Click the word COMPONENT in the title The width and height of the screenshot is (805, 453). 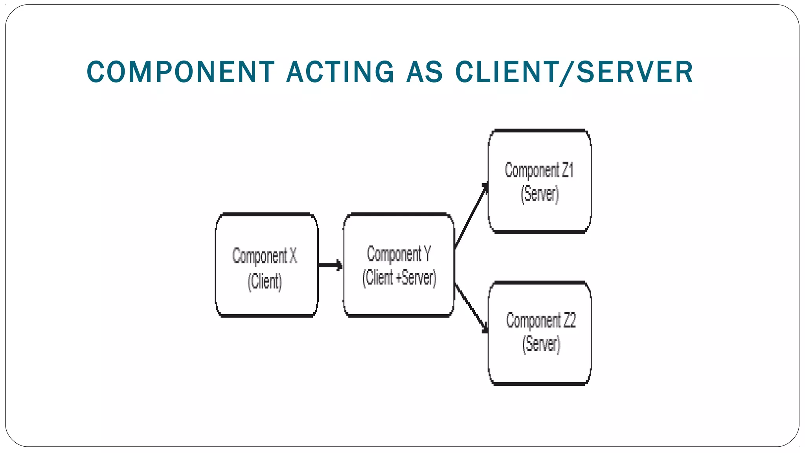click(180, 72)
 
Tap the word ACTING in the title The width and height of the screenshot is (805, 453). click(340, 72)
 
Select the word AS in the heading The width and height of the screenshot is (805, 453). click(425, 72)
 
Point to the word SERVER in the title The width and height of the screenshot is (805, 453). click(635, 72)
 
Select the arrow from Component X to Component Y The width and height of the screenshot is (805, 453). click(329, 265)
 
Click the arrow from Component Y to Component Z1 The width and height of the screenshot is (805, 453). click(471, 217)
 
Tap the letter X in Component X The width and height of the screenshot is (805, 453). click(293, 256)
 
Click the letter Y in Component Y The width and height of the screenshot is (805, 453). click(427, 254)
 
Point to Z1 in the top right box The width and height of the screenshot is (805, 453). click(568, 171)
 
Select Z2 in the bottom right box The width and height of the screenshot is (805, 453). click(570, 320)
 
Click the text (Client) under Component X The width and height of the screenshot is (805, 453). click(265, 282)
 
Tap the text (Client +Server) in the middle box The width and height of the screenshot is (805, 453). click(399, 278)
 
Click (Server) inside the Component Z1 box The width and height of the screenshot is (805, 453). click(539, 194)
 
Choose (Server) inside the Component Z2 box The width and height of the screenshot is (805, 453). click(541, 344)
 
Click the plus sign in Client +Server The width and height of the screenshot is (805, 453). click(399, 278)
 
